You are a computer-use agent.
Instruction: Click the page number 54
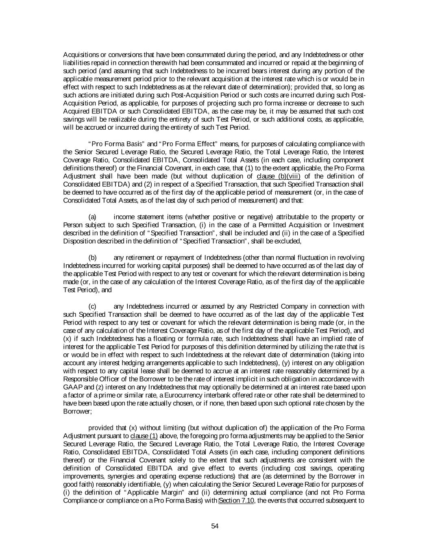click(215, 526)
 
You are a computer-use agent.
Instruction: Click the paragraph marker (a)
click(92, 217)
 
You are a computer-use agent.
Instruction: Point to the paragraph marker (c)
click(92, 306)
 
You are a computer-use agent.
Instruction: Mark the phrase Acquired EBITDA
click(84, 111)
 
